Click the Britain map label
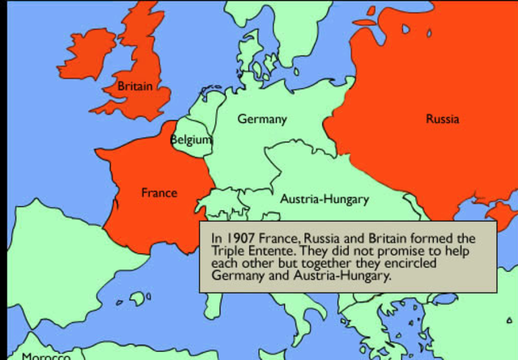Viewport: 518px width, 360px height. pos(134,85)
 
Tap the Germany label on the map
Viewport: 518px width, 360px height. pos(261,119)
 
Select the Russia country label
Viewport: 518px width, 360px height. pos(442,119)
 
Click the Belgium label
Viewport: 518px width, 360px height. pos(191,140)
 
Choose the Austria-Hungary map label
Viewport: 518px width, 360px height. pos(325,198)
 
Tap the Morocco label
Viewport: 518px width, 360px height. pos(46,355)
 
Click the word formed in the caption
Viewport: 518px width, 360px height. pos(414,239)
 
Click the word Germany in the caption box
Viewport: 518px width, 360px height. pos(237,275)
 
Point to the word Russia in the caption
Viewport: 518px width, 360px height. pos(322,239)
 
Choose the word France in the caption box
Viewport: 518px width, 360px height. pos(278,239)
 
